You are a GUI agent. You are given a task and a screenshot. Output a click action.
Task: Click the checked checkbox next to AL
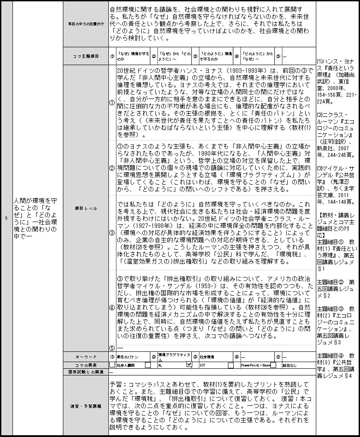point(189,364)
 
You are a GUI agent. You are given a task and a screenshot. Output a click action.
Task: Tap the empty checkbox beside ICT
point(231,365)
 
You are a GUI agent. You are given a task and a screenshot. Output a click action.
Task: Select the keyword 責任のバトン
point(127,357)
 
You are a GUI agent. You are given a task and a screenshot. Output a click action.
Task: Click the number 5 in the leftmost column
point(6,218)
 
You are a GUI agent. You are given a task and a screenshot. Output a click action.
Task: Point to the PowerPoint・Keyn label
point(255,365)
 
